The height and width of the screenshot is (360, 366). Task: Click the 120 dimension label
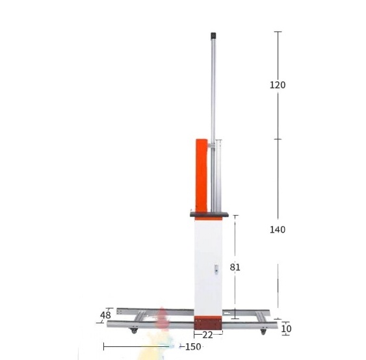[x=278, y=85]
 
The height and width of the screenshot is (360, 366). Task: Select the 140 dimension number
[x=278, y=230]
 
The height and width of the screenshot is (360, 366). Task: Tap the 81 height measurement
[x=235, y=267]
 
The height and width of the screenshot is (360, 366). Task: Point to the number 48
[x=105, y=315]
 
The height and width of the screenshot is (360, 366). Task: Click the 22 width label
[x=207, y=335]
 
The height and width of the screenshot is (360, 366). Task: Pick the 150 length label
[x=193, y=347]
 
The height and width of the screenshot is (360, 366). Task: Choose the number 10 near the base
[x=286, y=329]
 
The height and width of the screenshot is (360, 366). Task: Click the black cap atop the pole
[x=213, y=36]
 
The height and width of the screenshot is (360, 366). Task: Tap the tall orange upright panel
[x=202, y=175]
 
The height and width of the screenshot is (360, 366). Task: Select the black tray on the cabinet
[x=209, y=214]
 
